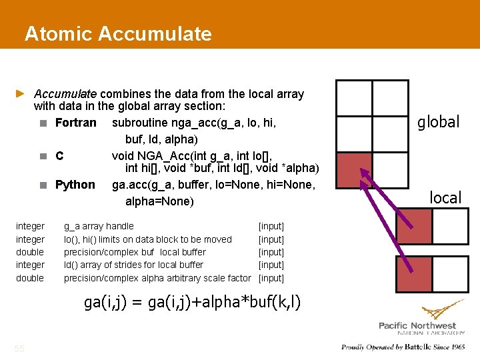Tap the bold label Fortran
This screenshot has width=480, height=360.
(75, 123)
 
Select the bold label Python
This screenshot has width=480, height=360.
(75, 185)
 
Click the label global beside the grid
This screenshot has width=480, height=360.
(438, 122)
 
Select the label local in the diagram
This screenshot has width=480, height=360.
(445, 198)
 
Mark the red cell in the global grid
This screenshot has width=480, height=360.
(353, 171)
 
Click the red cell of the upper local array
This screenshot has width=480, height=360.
(414, 226)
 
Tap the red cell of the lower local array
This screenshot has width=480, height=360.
(414, 273)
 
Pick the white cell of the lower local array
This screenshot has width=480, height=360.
(449, 273)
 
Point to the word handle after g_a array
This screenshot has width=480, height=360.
(120, 226)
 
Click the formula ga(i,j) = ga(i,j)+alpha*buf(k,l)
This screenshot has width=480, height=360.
(192, 302)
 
